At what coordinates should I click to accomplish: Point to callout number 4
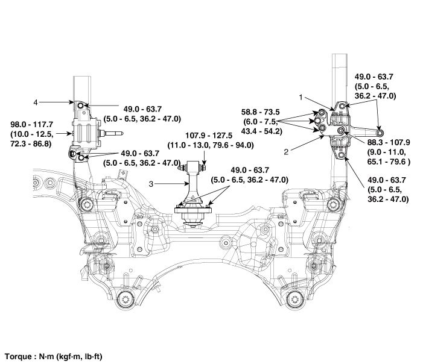click(x=36, y=102)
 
